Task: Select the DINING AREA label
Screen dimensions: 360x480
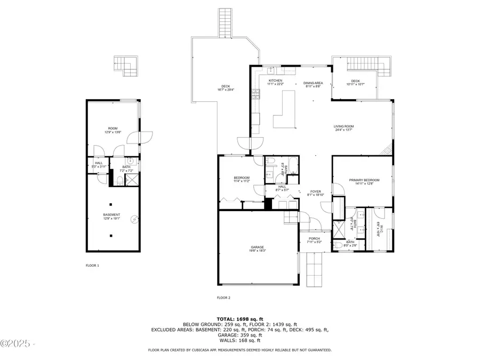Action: coord(313,83)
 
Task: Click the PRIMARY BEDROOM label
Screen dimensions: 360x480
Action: coord(363,180)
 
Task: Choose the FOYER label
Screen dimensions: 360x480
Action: coord(315,190)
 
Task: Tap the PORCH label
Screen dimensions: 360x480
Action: coord(314,238)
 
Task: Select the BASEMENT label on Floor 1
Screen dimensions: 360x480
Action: coord(111,215)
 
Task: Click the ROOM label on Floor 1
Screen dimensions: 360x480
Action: coord(113,128)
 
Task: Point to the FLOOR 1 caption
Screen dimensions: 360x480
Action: coord(92,265)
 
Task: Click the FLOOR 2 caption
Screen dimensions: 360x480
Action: coord(223,298)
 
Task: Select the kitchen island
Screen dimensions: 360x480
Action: coord(286,109)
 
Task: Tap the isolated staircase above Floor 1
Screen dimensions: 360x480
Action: coord(126,65)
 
